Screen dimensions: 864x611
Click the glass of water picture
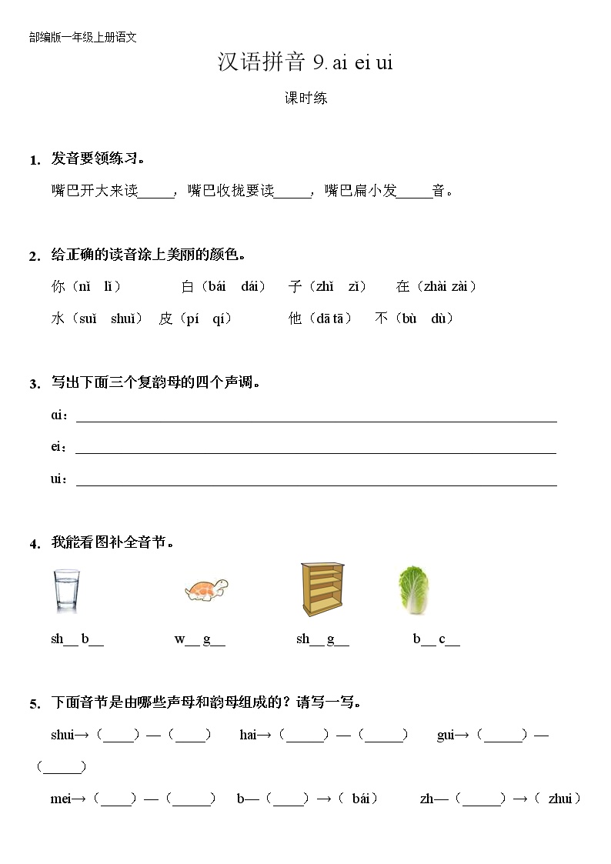tap(66, 591)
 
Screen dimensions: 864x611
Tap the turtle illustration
tap(207, 590)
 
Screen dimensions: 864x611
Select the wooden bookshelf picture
tap(320, 589)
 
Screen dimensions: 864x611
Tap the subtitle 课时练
tap(305, 98)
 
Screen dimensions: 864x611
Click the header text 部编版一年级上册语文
tap(82, 37)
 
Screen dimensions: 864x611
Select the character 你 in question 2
tap(58, 287)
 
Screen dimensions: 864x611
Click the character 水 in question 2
tap(58, 319)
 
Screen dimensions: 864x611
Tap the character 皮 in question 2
tap(165, 319)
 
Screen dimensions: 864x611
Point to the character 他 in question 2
tap(295, 319)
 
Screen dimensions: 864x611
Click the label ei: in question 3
tap(58, 447)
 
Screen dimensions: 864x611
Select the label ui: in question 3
tap(58, 479)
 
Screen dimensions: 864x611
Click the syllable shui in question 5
tap(62, 735)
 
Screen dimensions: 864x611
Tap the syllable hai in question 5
tap(248, 735)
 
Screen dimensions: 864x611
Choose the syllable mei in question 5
tap(61, 799)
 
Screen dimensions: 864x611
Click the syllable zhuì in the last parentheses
tap(559, 799)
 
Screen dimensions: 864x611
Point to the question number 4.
tap(35, 544)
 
